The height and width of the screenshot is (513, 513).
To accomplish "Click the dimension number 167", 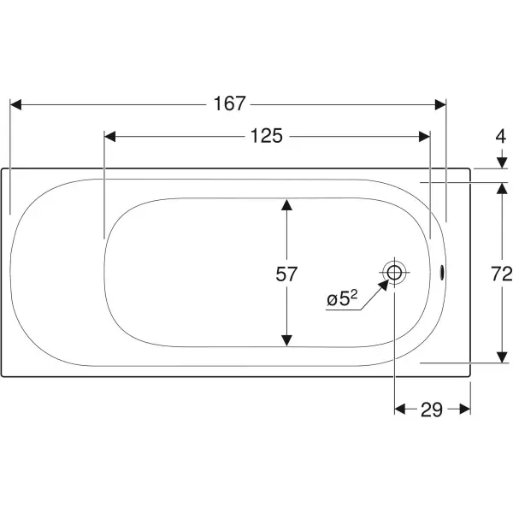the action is point(229,103).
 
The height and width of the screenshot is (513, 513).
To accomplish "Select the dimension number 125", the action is point(266,136).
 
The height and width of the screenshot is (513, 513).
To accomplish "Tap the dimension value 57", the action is point(286,274).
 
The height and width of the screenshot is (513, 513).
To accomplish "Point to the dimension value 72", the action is point(502,274).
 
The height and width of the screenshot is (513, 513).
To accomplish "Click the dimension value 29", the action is point(432,410).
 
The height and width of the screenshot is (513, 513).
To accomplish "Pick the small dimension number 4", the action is point(501,137).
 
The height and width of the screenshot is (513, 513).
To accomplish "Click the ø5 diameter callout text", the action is point(342,298).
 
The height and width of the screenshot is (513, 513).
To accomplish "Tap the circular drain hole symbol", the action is point(394,272).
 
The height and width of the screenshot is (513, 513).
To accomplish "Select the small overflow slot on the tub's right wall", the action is point(442,273).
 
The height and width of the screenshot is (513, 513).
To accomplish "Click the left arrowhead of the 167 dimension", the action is point(15,104).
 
